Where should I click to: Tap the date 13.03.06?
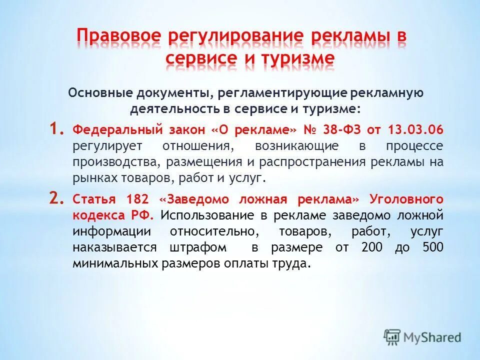coord(415,130)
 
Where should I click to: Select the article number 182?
coord(137,199)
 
